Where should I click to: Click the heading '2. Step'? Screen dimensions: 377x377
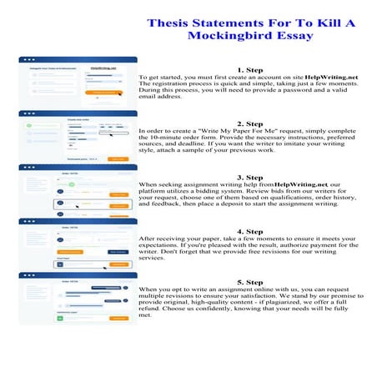[251, 123]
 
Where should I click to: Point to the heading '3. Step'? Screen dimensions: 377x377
[251, 177]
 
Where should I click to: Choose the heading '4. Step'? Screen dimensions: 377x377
[251, 230]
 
